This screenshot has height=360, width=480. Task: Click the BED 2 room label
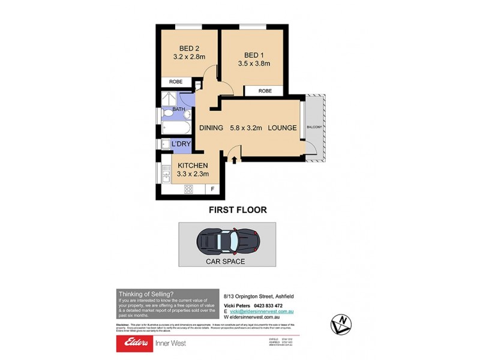coord(188,49)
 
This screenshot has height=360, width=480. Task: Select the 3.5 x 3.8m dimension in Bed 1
coord(254,63)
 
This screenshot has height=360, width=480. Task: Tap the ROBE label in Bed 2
coord(175,82)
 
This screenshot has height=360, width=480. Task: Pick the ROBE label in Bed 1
coord(265,91)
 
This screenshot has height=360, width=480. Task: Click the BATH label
coord(179,109)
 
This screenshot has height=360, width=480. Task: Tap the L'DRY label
coord(181,145)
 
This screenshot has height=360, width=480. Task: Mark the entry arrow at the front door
coord(235,158)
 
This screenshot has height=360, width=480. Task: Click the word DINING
coord(211,128)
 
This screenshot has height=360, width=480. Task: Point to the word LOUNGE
coord(282,128)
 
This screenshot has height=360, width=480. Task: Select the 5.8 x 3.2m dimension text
coord(246,128)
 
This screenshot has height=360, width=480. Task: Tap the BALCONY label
coord(314,127)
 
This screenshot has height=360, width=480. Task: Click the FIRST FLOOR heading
coord(237,210)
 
